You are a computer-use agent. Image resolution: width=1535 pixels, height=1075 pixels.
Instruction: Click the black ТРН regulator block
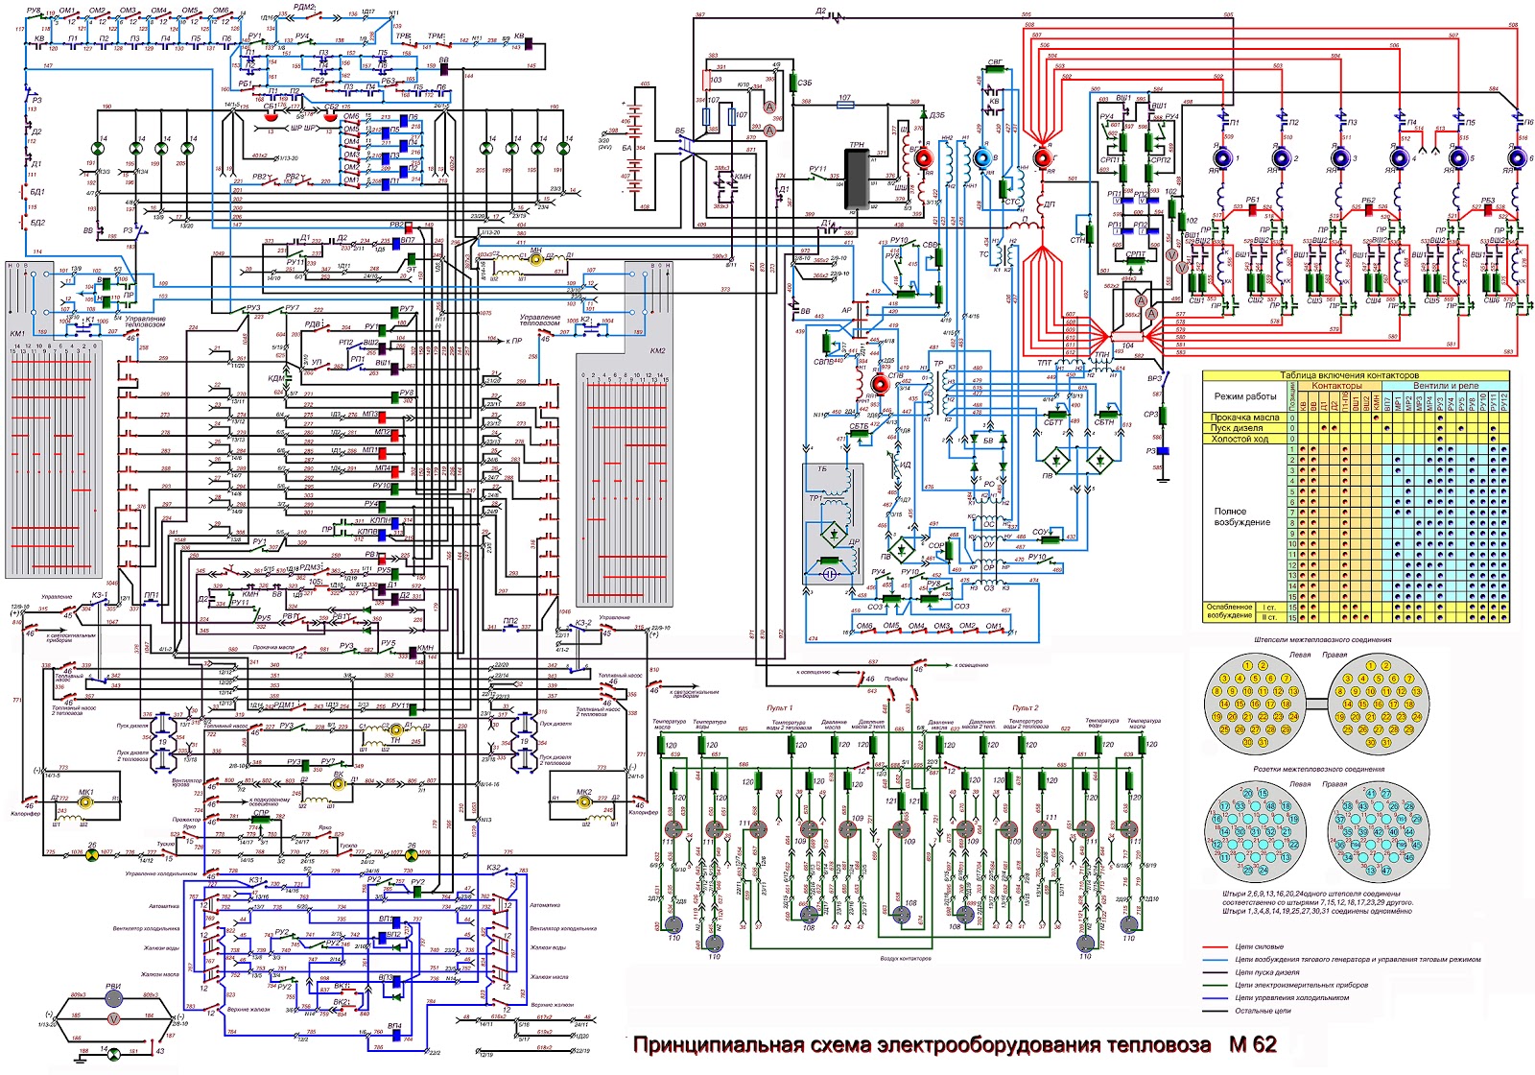857,177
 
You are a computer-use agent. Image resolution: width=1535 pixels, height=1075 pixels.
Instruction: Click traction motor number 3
1340,157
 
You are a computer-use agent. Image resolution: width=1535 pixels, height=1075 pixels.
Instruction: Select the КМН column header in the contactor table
1376,402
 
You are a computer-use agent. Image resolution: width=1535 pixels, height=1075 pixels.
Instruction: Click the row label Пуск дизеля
1243,428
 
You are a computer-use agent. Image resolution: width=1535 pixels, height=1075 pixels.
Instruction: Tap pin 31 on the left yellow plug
1263,742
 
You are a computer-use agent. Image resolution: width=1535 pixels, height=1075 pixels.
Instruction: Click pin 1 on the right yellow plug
1371,665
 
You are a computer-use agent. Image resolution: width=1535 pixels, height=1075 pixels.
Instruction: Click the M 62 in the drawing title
1252,1044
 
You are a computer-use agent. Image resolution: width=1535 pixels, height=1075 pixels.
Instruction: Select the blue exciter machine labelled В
982,156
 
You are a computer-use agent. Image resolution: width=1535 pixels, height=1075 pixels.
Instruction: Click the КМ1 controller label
17,333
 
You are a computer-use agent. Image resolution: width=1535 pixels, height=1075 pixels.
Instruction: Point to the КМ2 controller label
657,350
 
